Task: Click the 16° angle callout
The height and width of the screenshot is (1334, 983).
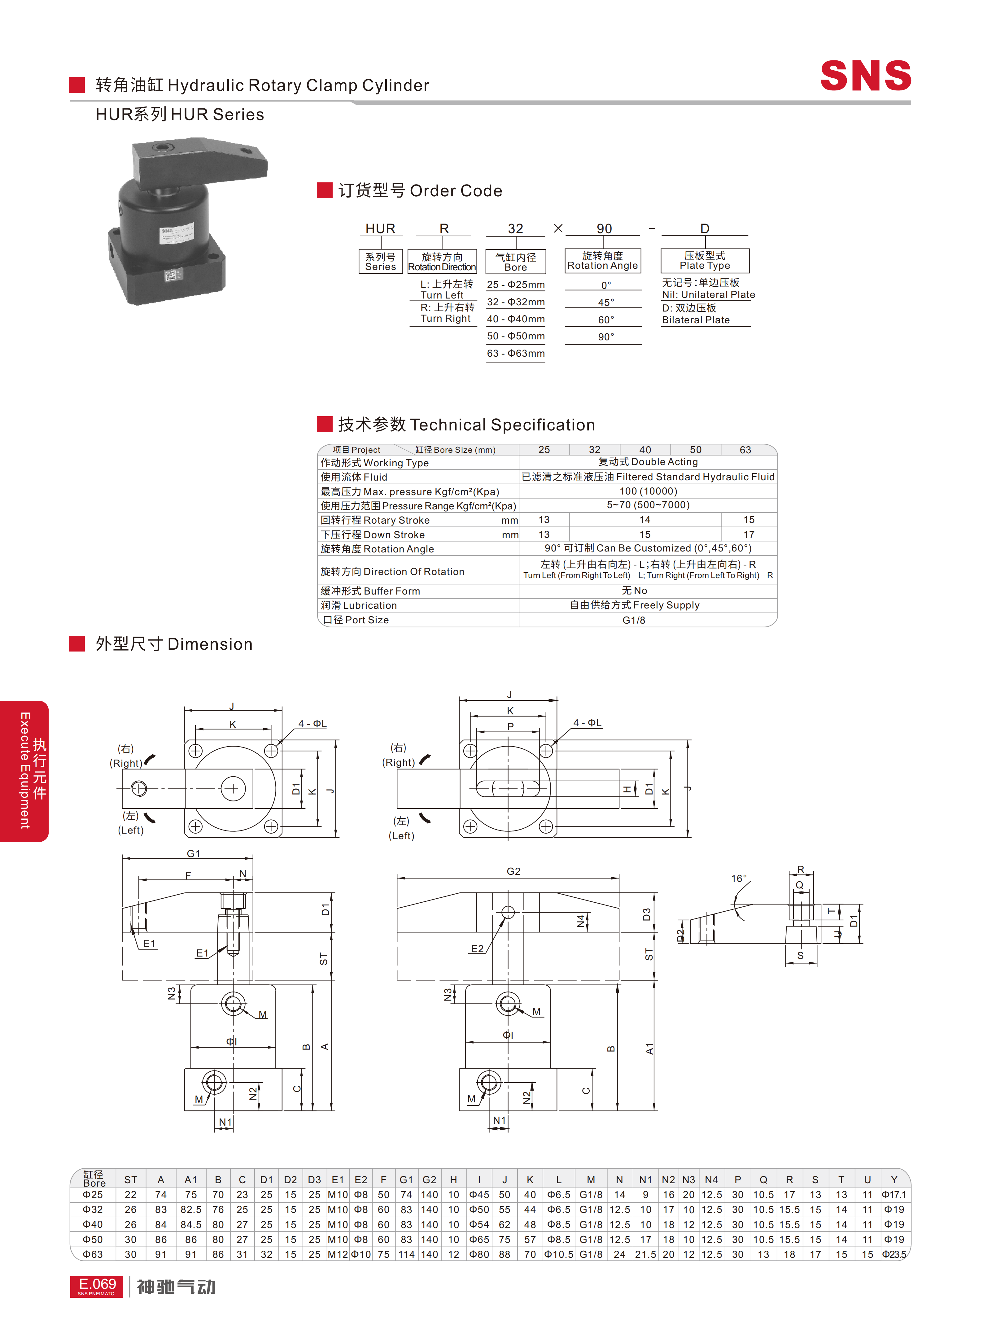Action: (x=738, y=878)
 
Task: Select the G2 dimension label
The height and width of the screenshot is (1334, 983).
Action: (x=513, y=871)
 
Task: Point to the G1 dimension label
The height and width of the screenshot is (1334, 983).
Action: (x=193, y=853)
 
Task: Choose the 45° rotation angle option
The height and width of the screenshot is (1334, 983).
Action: (x=606, y=302)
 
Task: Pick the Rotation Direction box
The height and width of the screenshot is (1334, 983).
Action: (x=442, y=261)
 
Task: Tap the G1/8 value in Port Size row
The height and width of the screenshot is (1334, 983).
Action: (x=634, y=620)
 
